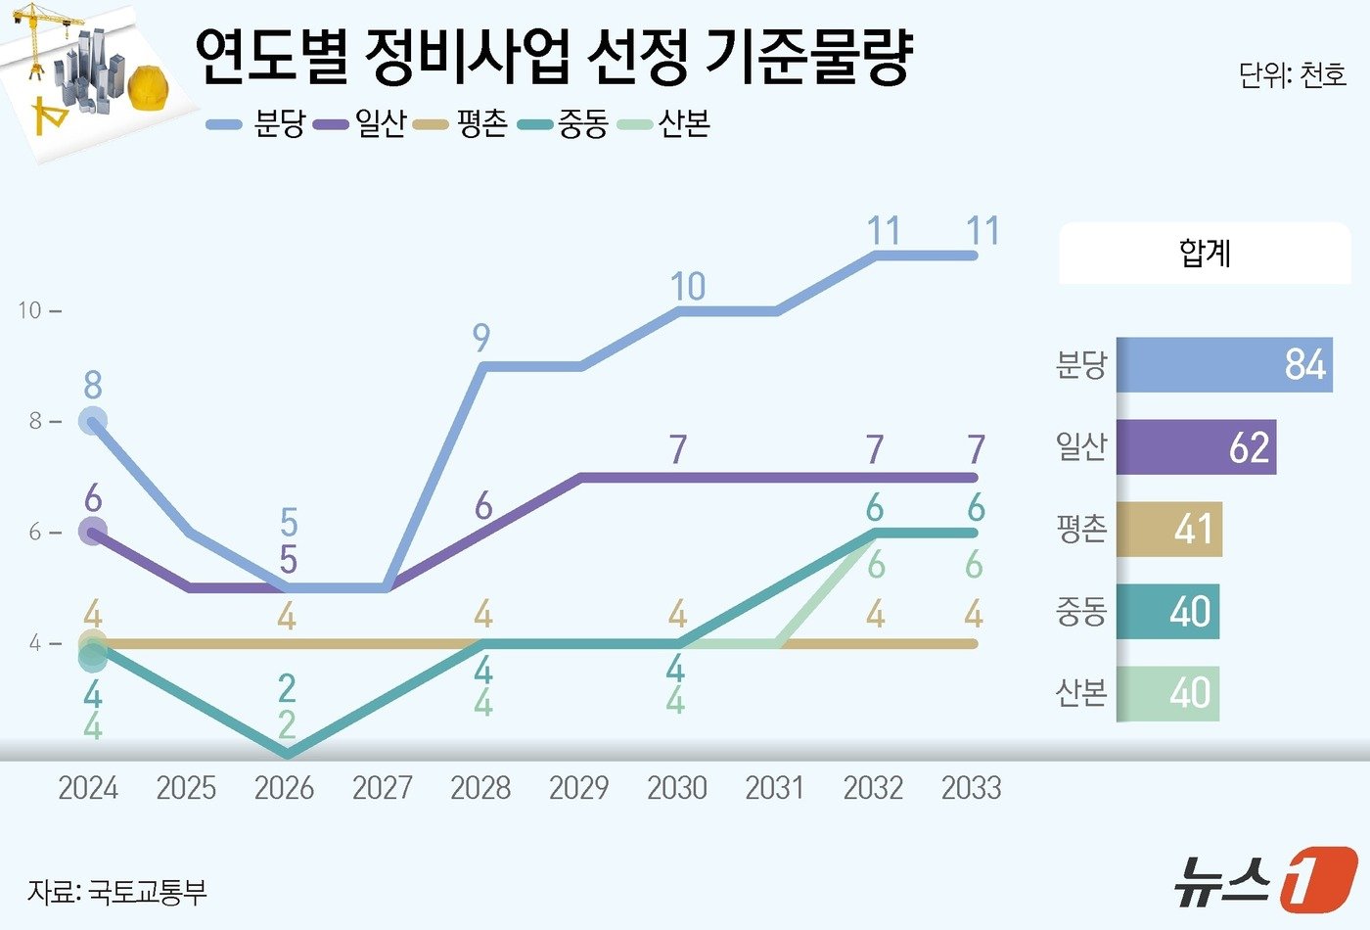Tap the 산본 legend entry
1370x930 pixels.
[x=664, y=124]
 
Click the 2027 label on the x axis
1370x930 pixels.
[x=383, y=787]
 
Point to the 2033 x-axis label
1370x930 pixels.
[x=971, y=787]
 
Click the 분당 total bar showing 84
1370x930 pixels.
[x=1224, y=365]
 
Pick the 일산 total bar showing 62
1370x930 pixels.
[x=1196, y=447]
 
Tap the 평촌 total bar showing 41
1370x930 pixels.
[x=1169, y=530]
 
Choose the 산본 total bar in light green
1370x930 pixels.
[x=1167, y=694]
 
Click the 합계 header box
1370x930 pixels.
[x=1205, y=254]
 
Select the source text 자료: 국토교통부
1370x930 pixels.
[x=117, y=892]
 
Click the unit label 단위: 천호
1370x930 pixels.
[x=1292, y=75]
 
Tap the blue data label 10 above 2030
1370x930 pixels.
[x=687, y=287]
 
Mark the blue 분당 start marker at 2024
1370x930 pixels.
[x=92, y=422]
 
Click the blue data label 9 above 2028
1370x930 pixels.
[x=480, y=338]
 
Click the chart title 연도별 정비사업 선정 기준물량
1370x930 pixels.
[x=553, y=57]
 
